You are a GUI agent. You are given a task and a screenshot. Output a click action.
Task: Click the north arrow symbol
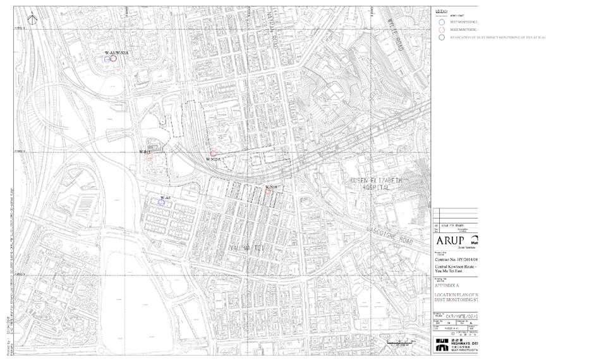pos(37,19)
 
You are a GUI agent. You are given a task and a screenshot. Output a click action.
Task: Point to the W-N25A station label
pos(213,160)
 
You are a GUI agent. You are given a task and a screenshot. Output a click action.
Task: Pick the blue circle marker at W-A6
pos(162,203)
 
